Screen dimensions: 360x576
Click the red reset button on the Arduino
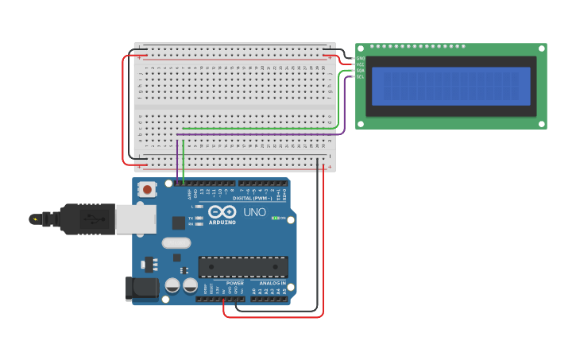(x=147, y=189)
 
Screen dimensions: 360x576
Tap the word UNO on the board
(x=254, y=212)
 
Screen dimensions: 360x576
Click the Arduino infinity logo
(x=222, y=211)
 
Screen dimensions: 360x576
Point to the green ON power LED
(x=275, y=218)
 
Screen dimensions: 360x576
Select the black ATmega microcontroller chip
(x=242, y=267)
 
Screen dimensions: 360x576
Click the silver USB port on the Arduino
(x=135, y=219)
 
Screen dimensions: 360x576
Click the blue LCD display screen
(x=450, y=86)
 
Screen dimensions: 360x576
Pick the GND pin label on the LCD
(x=360, y=58)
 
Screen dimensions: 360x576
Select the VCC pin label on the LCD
(x=360, y=64)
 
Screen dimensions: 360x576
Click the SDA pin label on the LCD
(x=360, y=71)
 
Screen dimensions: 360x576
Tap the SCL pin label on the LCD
(x=360, y=77)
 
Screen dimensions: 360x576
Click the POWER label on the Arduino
(x=235, y=283)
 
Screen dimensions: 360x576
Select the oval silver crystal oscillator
(x=176, y=243)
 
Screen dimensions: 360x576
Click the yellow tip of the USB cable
(x=33, y=219)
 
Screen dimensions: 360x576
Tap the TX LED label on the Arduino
(x=191, y=217)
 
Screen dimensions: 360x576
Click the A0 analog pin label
(x=253, y=292)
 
